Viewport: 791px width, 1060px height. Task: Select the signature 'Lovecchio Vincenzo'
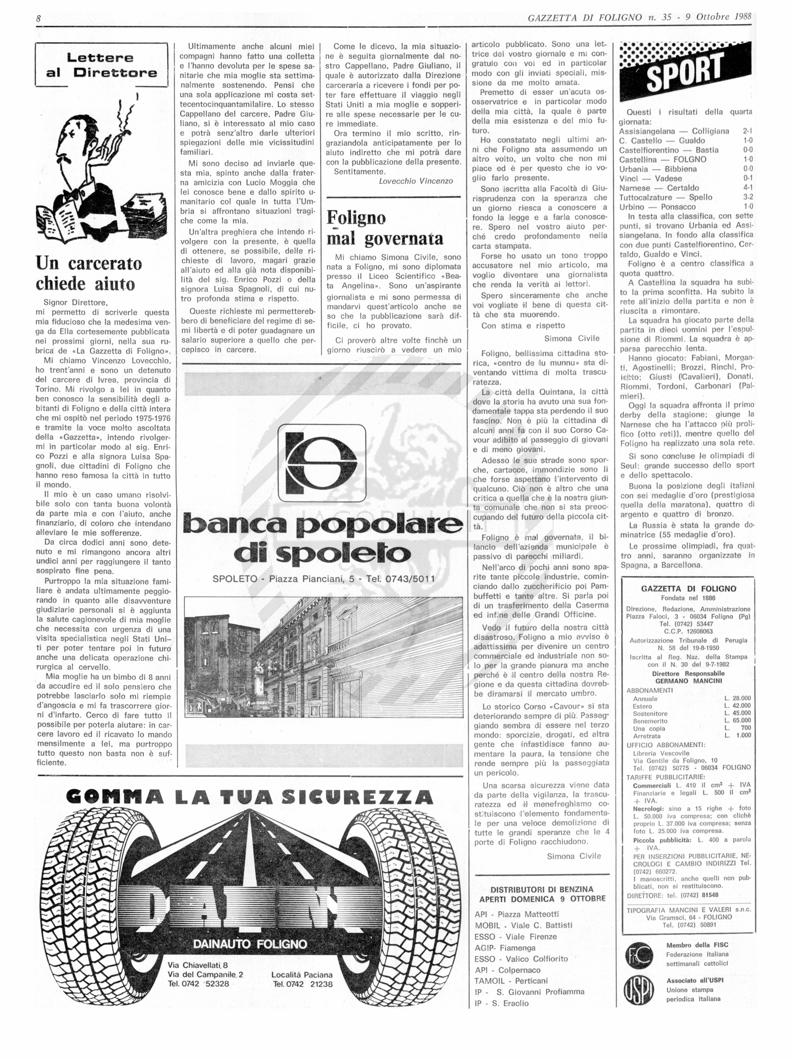tap(416, 181)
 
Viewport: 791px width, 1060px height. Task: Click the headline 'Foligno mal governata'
tap(384, 228)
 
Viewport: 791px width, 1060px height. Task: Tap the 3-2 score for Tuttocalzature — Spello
tap(747, 197)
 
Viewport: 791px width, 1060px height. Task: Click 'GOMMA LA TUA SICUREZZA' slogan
tap(249, 796)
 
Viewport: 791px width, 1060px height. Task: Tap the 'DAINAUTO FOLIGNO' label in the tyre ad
tap(249, 944)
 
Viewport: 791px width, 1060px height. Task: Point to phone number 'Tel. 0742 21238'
tap(302, 984)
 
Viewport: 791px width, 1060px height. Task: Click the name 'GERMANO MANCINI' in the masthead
tap(688, 681)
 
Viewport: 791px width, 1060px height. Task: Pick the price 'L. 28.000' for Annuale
tap(738, 698)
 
